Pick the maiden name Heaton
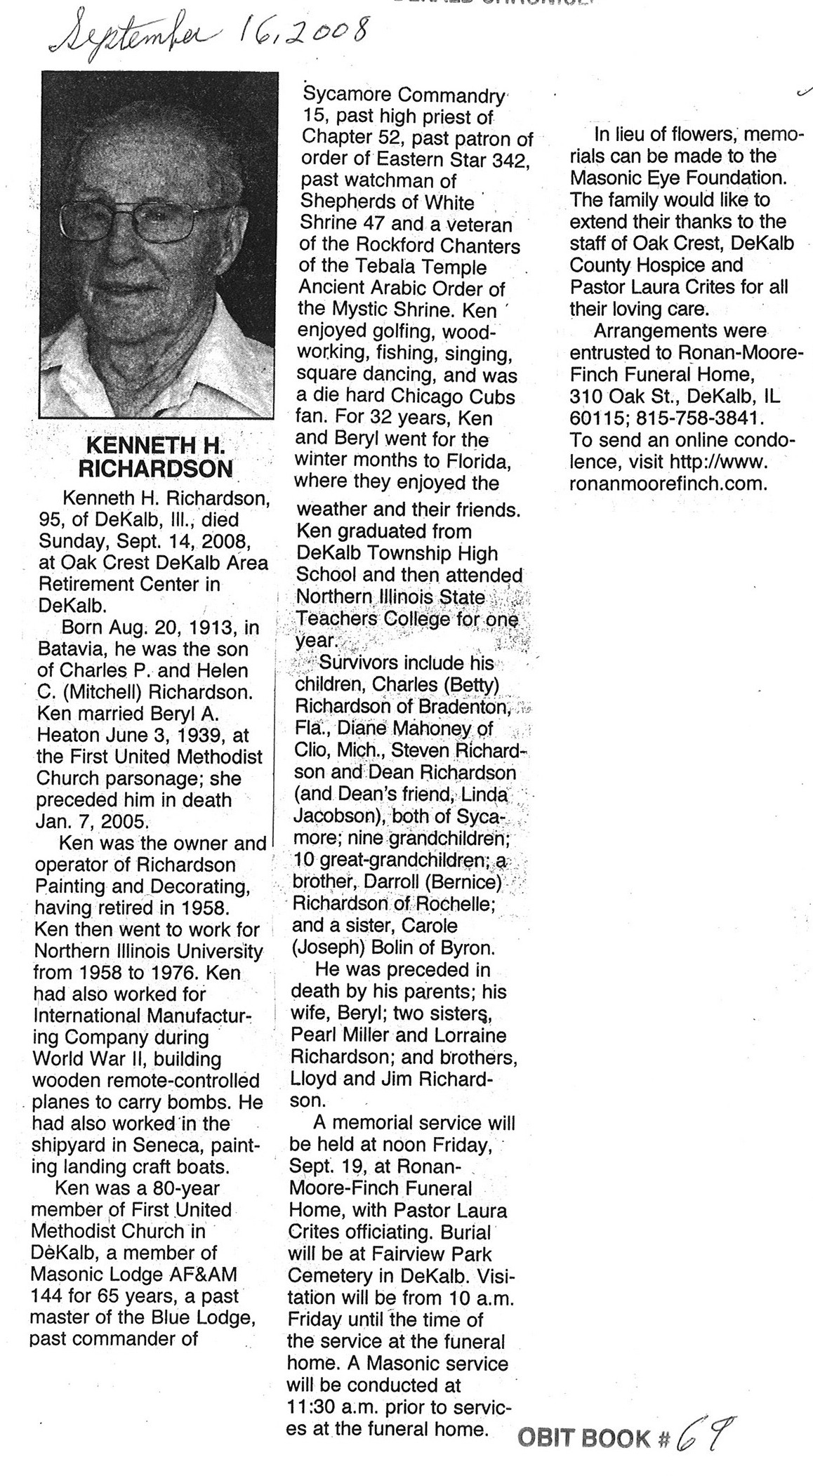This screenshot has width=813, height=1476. pos(67,736)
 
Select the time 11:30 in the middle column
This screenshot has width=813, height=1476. pos(314,1407)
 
